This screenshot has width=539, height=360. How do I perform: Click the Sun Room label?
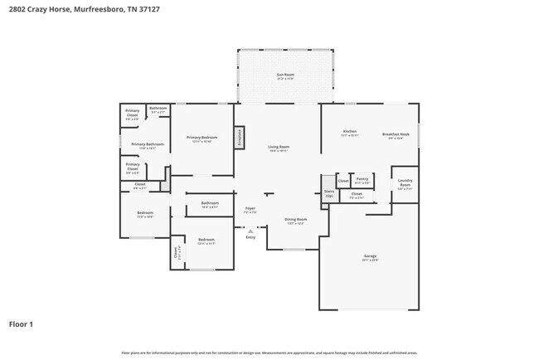(x=285, y=75)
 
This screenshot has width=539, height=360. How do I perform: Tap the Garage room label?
(x=370, y=257)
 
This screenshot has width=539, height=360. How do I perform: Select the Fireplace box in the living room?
(x=239, y=137)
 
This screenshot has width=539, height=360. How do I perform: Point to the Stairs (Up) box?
(x=328, y=193)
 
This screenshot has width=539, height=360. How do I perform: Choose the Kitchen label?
(x=350, y=133)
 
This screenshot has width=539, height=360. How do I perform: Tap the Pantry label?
(x=362, y=179)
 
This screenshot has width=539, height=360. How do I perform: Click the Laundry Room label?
(x=405, y=182)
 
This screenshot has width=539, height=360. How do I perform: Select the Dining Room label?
(x=296, y=221)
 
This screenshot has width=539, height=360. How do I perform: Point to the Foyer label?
(x=250, y=210)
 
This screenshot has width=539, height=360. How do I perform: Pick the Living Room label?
(x=278, y=148)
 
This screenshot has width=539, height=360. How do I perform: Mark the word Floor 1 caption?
(x=21, y=324)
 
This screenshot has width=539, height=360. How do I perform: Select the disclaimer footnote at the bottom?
(x=269, y=353)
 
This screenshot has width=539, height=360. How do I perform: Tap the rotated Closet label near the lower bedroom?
(x=176, y=253)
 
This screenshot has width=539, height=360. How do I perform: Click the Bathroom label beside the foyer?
(x=210, y=204)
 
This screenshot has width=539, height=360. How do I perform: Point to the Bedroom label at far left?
(x=145, y=214)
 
